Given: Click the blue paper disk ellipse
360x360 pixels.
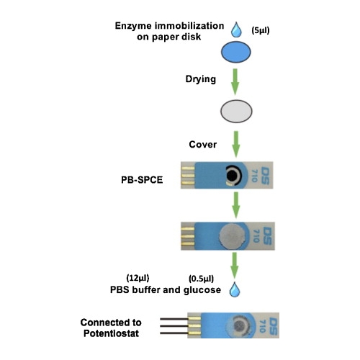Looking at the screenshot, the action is pos(236,52).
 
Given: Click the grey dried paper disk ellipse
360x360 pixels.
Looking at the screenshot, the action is pos(236,112).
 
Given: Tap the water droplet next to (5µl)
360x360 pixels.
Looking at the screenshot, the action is pos(236,30).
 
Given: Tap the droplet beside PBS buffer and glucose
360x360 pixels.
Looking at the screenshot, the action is pos(235,289).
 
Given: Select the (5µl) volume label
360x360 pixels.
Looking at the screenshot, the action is pos(261,30).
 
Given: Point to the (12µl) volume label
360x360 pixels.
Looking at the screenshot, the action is pos(138,278).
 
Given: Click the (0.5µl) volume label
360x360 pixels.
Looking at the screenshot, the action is pos(201,279).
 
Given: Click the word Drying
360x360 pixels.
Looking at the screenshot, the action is pos(201,79).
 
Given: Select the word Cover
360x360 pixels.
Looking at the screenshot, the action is pos(203,145).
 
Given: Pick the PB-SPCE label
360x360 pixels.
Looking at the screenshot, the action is pos(142,180).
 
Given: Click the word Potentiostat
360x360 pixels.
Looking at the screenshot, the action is pos(111,333).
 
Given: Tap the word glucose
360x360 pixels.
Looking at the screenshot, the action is pos(202,290).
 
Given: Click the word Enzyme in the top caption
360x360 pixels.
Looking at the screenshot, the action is pos(132,26).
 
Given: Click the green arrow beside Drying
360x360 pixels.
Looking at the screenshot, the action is pos(235,81).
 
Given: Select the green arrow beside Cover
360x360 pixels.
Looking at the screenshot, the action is pos(236,144).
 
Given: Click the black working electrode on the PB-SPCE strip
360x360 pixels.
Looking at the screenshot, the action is pos(233,176).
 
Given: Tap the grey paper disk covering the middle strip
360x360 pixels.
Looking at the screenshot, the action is pos(232,236).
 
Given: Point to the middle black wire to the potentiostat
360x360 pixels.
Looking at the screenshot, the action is pos(174,326).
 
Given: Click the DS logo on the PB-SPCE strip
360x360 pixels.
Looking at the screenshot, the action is pos(265,176).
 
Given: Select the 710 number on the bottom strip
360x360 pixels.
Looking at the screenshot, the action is pos(263,326).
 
